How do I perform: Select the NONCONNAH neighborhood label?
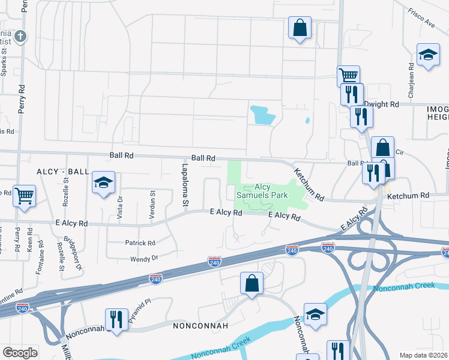pos(200,326)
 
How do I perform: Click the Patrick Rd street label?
pos(140,243)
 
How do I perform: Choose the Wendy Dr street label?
pos(144,258)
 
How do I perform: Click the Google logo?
pos(20,353)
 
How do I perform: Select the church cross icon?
pos(20,36)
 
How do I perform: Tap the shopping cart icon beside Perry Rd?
pos(24,194)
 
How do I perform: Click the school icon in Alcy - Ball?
pos(103,182)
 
